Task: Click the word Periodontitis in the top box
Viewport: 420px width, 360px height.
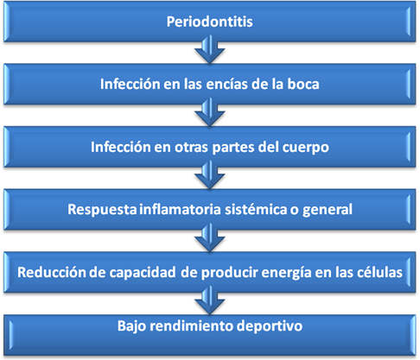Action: (x=209, y=22)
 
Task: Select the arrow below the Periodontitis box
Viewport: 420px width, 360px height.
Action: (x=209, y=49)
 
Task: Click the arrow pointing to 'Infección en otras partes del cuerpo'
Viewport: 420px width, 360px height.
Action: (x=209, y=112)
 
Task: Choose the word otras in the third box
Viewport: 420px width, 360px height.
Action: (x=191, y=147)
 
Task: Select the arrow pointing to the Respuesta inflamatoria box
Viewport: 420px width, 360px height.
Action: (x=209, y=174)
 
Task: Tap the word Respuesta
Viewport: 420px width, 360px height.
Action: (x=102, y=210)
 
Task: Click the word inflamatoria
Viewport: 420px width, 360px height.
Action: (x=180, y=209)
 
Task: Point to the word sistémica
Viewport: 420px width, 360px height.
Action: (x=256, y=209)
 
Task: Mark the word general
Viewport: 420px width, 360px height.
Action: (x=328, y=210)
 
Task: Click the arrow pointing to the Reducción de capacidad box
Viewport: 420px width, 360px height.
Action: (x=209, y=237)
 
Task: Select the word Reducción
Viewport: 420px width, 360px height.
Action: (x=52, y=272)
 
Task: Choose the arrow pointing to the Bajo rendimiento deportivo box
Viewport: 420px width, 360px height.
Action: (x=209, y=300)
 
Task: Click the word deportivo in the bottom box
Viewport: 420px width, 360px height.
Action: (x=270, y=326)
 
